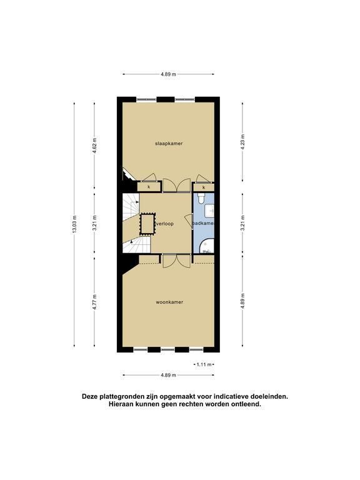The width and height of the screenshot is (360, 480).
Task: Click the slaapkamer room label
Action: coord(169,143)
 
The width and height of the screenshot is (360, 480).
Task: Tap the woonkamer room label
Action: coord(169,302)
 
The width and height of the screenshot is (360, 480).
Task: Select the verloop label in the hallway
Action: coord(165,224)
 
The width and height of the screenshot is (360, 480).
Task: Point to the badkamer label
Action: coord(203,224)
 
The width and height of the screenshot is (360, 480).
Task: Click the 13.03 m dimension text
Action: coord(74,224)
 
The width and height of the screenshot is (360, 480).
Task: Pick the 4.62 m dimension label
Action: coord(94,145)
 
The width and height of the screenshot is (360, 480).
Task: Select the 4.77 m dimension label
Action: coord(94,302)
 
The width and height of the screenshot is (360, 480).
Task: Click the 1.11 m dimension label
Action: coord(204,364)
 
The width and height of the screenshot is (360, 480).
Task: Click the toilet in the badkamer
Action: coord(201,197)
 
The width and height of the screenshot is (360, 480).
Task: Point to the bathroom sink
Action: coord(209,210)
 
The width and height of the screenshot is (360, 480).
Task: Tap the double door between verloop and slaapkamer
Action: coord(177,186)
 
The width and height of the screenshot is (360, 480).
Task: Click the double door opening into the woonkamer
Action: coord(177,261)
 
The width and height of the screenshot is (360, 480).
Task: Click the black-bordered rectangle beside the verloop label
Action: coord(147,224)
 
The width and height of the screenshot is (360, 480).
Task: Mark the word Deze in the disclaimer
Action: coord(90,396)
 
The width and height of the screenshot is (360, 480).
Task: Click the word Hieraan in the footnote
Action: coord(121,404)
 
